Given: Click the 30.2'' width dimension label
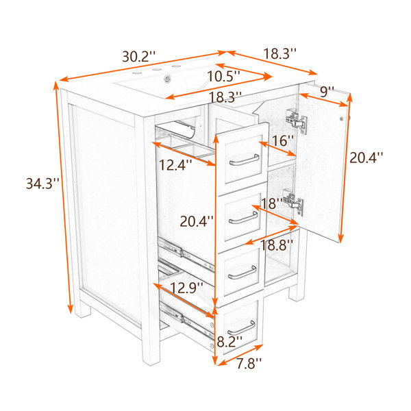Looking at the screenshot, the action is point(138,56).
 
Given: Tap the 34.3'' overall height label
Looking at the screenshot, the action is point(42,183).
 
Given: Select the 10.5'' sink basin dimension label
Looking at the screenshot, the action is point(223,77).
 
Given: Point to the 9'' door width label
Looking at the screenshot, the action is point(327,92).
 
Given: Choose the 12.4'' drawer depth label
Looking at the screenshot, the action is point(175,165).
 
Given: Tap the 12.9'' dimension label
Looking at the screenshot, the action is point(186,288).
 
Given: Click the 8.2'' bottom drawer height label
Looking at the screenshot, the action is point(229,342).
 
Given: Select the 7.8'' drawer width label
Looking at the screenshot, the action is point(249,363).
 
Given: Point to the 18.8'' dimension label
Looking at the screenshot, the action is point(276,245).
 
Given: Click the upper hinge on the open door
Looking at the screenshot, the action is point(297,122).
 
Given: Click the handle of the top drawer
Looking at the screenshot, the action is point(245,160).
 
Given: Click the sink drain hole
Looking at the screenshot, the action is point(167,78).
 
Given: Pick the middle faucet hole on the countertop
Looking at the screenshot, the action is point(157,69).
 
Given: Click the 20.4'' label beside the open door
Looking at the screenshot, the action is point(366,158).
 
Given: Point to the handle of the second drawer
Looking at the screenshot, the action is point(243,219).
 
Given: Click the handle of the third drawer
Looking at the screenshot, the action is point(242,273).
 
